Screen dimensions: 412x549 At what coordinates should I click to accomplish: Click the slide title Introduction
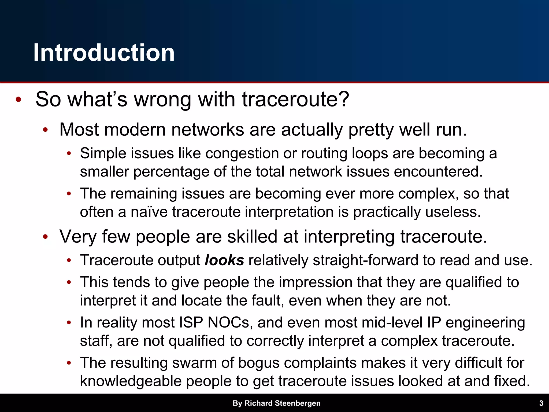pyautogui.click(x=104, y=53)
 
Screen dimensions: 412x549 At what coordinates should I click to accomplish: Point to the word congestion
pyautogui.click(x=242, y=154)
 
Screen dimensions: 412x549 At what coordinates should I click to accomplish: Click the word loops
pyautogui.click(x=370, y=154)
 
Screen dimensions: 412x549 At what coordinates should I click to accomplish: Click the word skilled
pyautogui.click(x=252, y=237)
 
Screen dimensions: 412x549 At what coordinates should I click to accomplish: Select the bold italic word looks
pyautogui.click(x=224, y=260)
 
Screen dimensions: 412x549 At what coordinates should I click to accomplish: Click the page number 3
pyautogui.click(x=541, y=403)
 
